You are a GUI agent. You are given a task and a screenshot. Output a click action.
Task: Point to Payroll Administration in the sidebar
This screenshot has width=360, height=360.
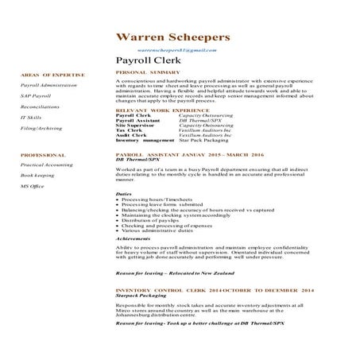(x=48, y=84)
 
